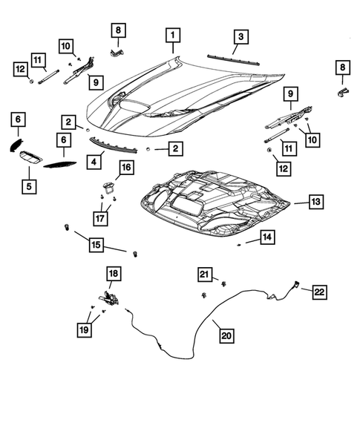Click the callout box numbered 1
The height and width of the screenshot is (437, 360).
pyautogui.click(x=172, y=35)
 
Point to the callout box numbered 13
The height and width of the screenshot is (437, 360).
pyautogui.click(x=315, y=201)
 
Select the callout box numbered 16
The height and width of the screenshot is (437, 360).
pyautogui.click(x=125, y=168)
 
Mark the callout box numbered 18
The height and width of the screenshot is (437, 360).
pyautogui.click(x=113, y=275)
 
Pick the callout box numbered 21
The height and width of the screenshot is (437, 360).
pyautogui.click(x=205, y=275)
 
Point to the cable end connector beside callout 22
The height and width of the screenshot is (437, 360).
pyautogui.click(x=296, y=283)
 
